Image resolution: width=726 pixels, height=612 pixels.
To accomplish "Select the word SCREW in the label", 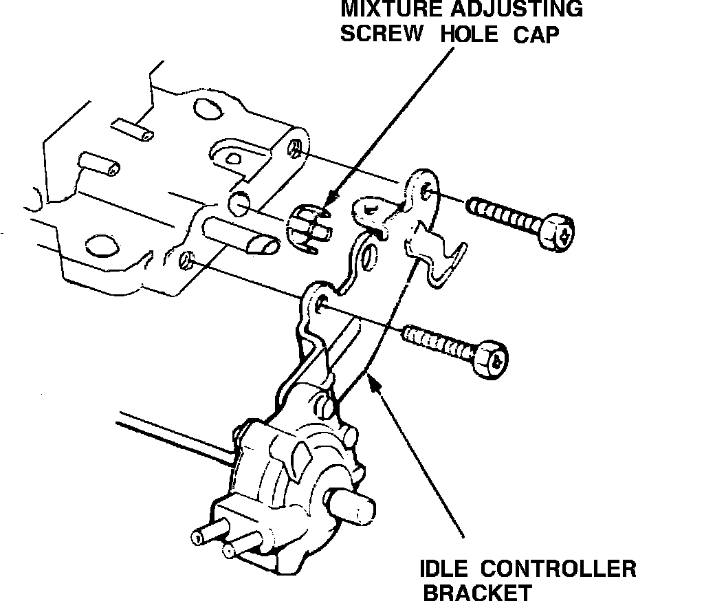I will click(382, 34).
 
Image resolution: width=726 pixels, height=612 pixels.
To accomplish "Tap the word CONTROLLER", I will click(558, 569).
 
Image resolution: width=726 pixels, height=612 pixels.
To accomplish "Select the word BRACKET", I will click(477, 593).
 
